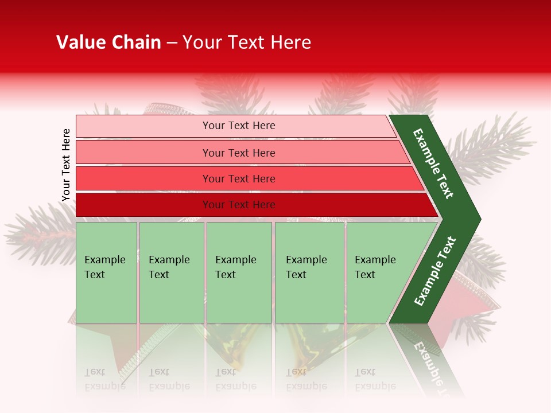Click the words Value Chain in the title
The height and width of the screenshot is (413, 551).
point(108,42)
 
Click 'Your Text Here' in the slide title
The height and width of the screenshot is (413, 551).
point(247,42)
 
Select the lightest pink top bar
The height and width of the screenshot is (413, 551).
point(143,126)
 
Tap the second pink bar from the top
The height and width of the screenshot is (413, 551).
point(143,153)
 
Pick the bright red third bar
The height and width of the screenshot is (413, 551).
point(143,178)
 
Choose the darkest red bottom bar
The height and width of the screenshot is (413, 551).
point(143,205)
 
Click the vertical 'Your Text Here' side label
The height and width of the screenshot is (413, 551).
point(66,165)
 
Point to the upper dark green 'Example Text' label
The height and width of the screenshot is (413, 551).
point(433,163)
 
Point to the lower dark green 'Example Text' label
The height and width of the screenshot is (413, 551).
point(434,271)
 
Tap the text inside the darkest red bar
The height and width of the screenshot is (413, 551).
point(239,205)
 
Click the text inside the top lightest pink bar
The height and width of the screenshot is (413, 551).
point(239,126)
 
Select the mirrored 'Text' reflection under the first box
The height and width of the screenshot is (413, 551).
point(95,372)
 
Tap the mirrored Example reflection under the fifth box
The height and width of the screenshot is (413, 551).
point(375,386)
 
